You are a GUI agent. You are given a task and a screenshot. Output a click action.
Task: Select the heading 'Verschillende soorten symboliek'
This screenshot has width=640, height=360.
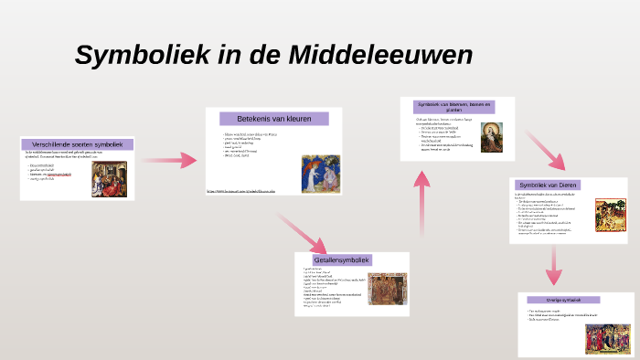point(78,144)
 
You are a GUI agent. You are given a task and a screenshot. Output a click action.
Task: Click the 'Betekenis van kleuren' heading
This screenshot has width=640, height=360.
point(274,119)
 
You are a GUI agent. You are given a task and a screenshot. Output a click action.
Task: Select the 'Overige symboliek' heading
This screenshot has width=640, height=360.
point(564,300)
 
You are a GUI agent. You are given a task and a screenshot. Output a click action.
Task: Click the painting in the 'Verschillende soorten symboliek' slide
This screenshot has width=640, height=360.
point(109,179)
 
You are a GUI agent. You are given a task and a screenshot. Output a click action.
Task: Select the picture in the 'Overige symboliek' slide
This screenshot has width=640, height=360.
point(607,338)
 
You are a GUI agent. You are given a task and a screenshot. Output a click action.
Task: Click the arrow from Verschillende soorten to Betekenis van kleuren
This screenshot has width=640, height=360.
point(170,161)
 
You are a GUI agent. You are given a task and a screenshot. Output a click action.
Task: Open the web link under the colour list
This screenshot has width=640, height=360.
point(240,191)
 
